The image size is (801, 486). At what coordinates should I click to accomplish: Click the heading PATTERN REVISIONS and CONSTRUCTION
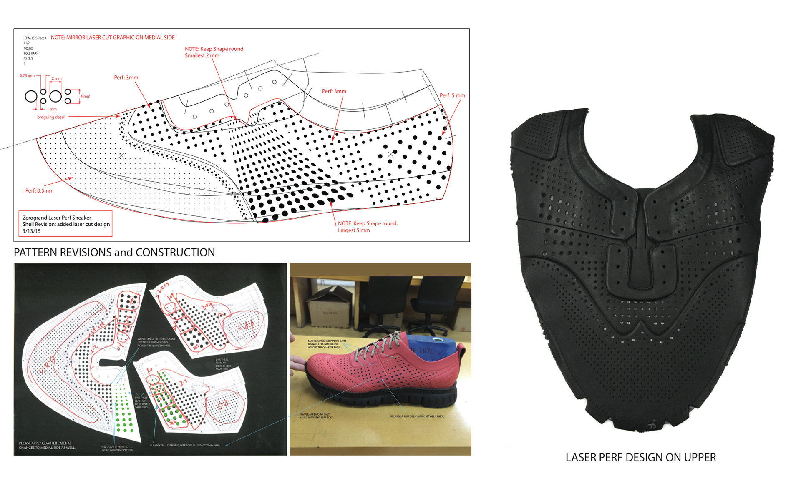(x=114, y=253)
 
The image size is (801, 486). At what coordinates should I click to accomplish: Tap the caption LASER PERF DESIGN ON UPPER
(x=640, y=458)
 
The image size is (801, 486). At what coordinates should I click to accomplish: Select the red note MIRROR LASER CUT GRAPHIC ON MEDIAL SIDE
(x=113, y=38)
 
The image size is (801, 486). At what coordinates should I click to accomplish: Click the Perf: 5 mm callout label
(x=452, y=95)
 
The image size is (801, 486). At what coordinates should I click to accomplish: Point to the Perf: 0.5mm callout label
(x=39, y=191)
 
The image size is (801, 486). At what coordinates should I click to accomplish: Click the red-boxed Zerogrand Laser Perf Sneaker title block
(x=65, y=224)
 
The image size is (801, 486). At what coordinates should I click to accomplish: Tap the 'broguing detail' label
(x=51, y=117)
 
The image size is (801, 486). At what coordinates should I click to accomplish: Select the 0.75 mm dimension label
(x=27, y=76)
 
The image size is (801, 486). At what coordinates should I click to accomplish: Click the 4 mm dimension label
(x=86, y=96)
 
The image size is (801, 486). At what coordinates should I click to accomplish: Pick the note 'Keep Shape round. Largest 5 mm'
(x=367, y=227)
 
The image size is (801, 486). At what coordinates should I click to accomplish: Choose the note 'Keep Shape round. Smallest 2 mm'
(x=214, y=52)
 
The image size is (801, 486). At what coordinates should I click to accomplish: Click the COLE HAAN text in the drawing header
(x=31, y=53)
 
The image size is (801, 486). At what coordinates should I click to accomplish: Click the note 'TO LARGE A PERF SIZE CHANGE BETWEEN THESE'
(x=417, y=416)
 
